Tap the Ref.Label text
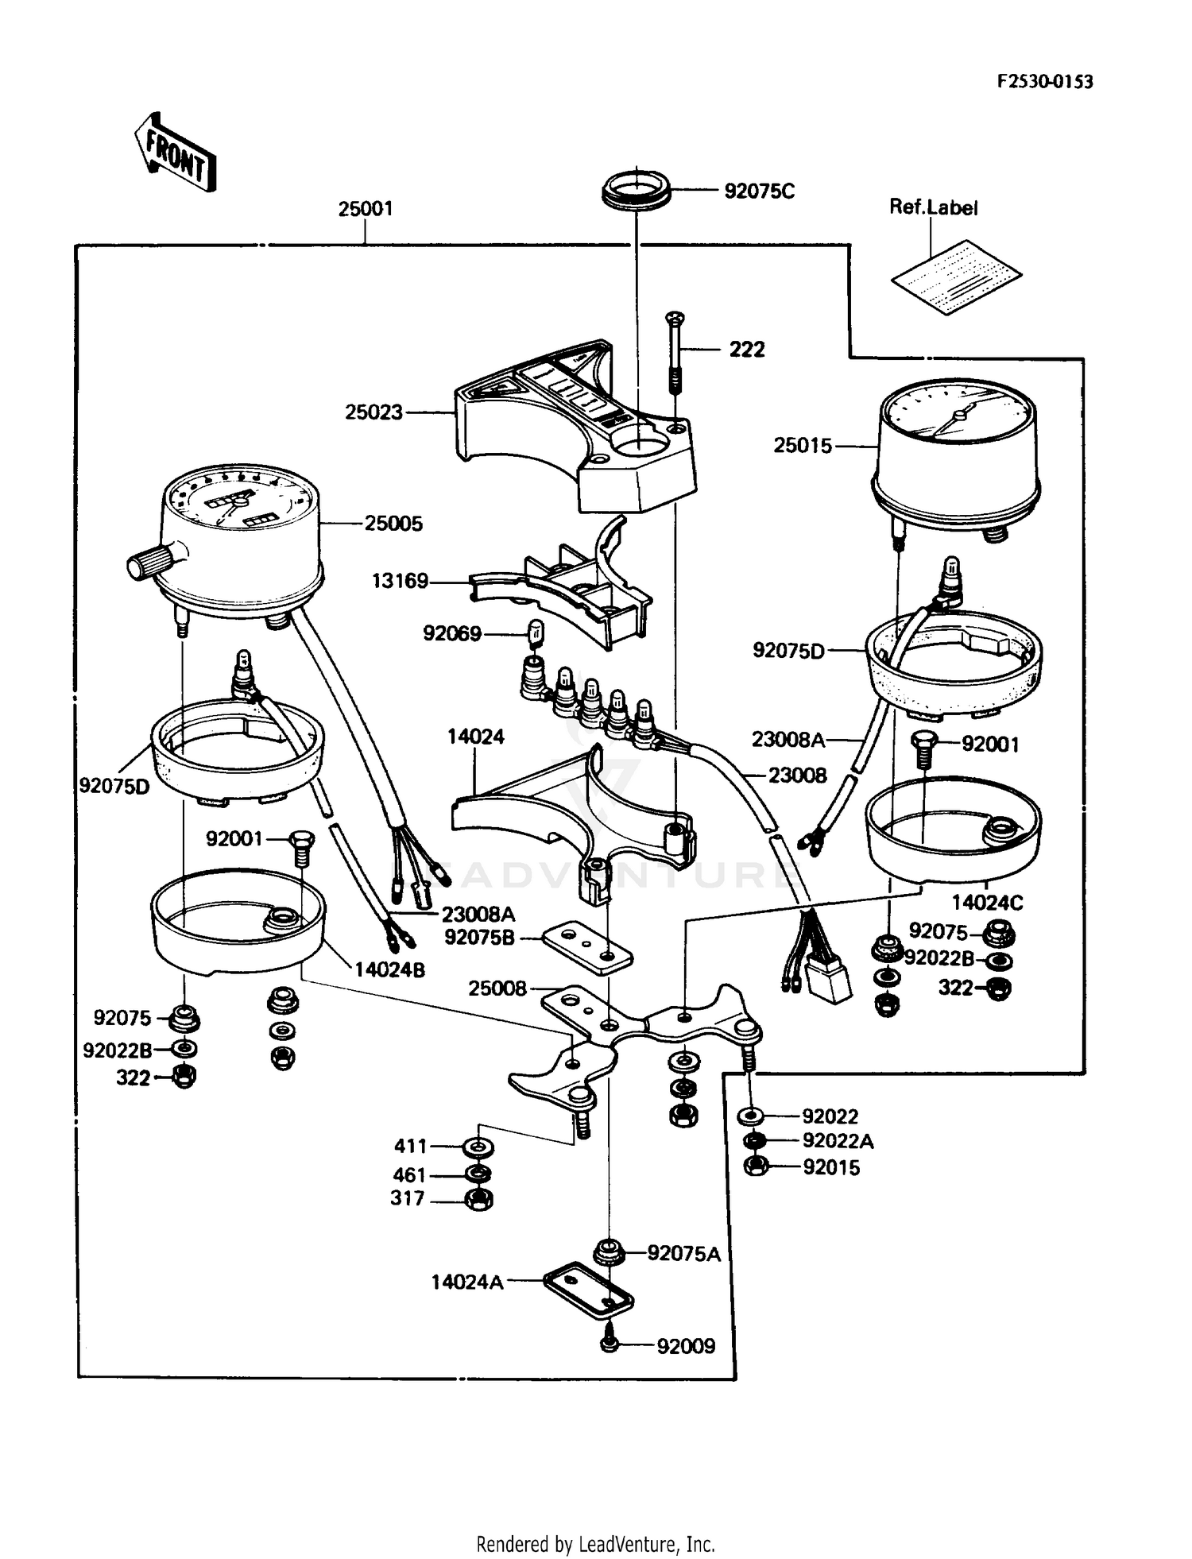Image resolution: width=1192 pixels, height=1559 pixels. pyautogui.click(x=933, y=207)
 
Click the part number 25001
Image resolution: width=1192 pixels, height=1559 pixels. pyautogui.click(x=365, y=209)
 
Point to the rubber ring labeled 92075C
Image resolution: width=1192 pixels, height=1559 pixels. pyautogui.click(x=635, y=191)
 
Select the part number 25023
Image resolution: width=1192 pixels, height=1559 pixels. pyautogui.click(x=373, y=412)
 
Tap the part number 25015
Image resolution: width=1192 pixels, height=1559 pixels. pyautogui.click(x=803, y=446)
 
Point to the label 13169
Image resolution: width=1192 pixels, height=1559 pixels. pyautogui.click(x=400, y=581)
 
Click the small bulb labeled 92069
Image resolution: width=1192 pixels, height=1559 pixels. pyautogui.click(x=536, y=633)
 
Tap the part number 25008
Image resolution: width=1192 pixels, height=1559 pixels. pyautogui.click(x=497, y=988)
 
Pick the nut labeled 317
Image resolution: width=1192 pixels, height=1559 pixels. pyautogui.click(x=478, y=1199)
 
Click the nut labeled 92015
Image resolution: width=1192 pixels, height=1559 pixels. pyautogui.click(x=757, y=1167)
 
